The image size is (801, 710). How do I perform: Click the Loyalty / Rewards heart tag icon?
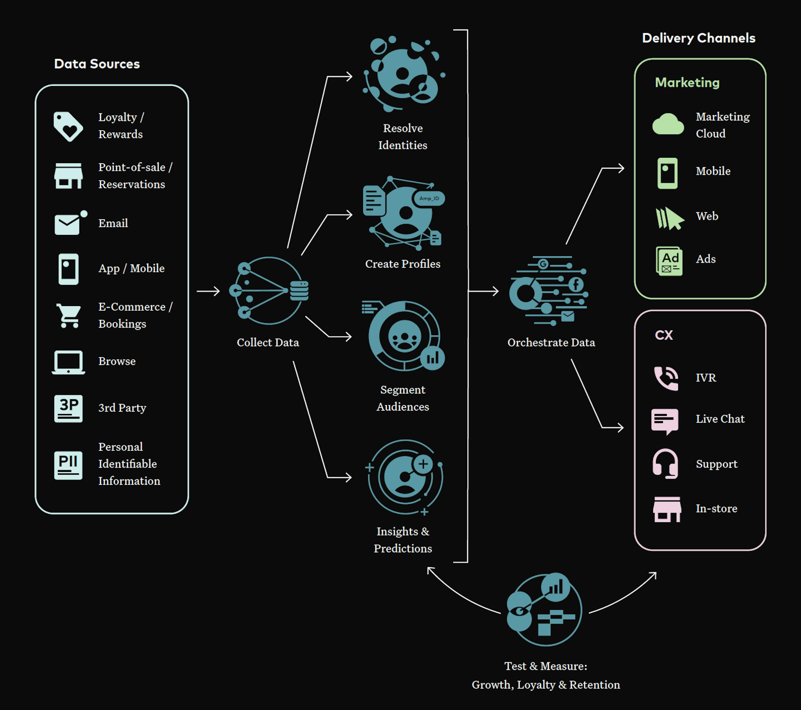click(x=68, y=126)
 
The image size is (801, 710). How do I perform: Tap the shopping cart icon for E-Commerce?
click(x=69, y=315)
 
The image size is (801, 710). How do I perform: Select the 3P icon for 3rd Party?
click(x=68, y=408)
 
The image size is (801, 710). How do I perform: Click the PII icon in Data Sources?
click(x=68, y=465)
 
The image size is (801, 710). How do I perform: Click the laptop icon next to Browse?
click(x=68, y=362)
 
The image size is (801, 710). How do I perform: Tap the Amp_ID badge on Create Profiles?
click(x=429, y=199)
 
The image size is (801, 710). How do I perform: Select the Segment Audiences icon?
click(x=404, y=336)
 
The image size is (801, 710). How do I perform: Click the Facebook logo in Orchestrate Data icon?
click(x=576, y=284)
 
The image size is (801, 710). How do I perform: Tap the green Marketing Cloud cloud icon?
click(x=668, y=125)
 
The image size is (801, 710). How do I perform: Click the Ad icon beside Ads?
click(x=669, y=261)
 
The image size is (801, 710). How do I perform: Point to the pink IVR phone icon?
click(x=666, y=378)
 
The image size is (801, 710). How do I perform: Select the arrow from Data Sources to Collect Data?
click(x=208, y=291)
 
